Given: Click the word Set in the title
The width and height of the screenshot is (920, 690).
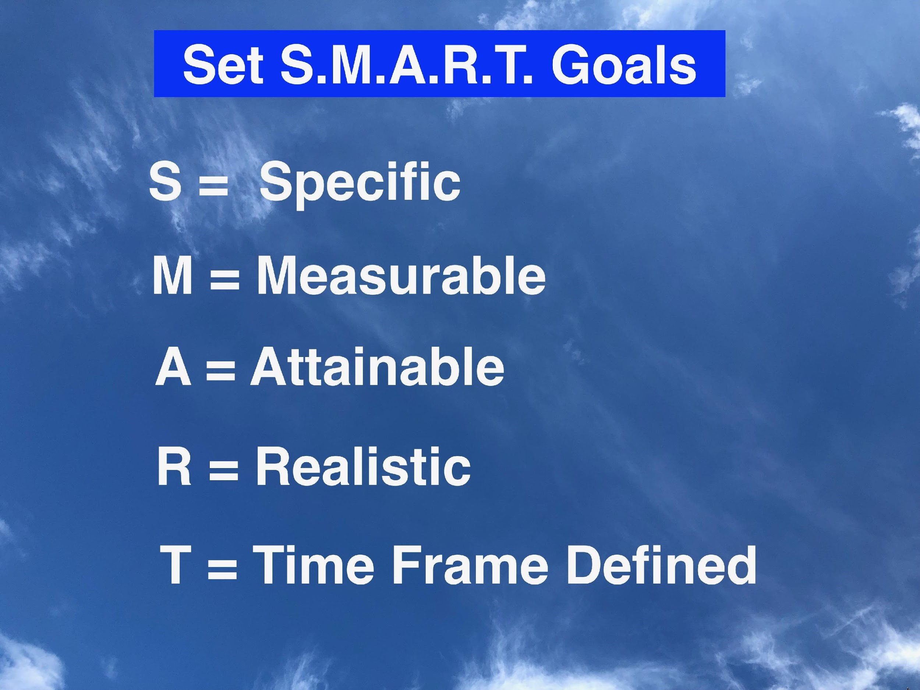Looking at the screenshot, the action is [223, 65].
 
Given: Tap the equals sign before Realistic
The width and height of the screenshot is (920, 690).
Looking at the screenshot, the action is [224, 468].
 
